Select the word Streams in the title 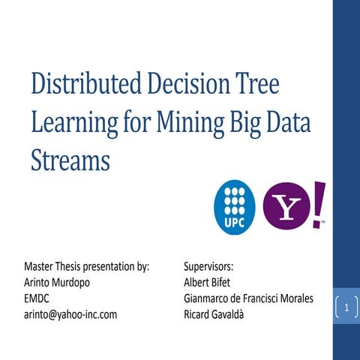tap(70, 159)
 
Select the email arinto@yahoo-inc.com tap(70, 313)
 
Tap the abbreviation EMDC tap(38, 298)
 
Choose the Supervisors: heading tap(208, 266)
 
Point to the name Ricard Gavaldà tap(217, 313)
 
